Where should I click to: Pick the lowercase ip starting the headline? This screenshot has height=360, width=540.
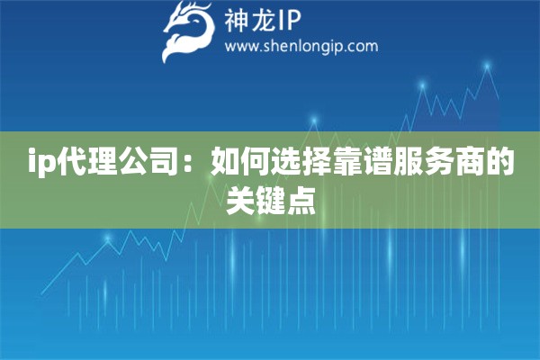(x=42, y=166)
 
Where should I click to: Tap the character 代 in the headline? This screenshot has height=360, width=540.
(x=72, y=166)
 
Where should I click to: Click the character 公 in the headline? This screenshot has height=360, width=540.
(x=133, y=166)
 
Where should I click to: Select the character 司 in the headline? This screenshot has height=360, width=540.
(x=164, y=166)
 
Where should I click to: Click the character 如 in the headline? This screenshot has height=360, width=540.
(x=225, y=166)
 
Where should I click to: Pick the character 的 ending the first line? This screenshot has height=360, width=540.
(x=500, y=166)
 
